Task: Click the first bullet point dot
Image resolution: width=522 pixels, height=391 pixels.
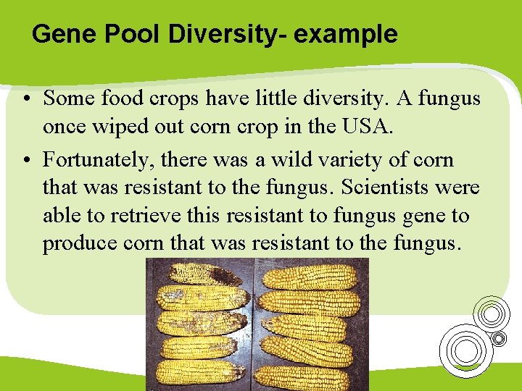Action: coord(25,98)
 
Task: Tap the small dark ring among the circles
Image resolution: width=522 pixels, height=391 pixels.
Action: coord(499,338)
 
